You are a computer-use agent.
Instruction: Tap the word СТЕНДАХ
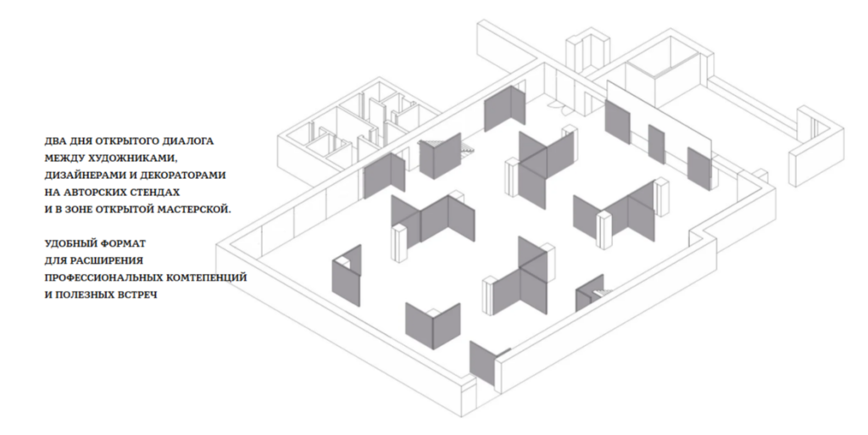[155, 192]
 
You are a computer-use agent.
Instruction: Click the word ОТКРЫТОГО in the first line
[124, 141]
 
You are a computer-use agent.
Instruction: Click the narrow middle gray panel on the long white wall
[656, 144]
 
